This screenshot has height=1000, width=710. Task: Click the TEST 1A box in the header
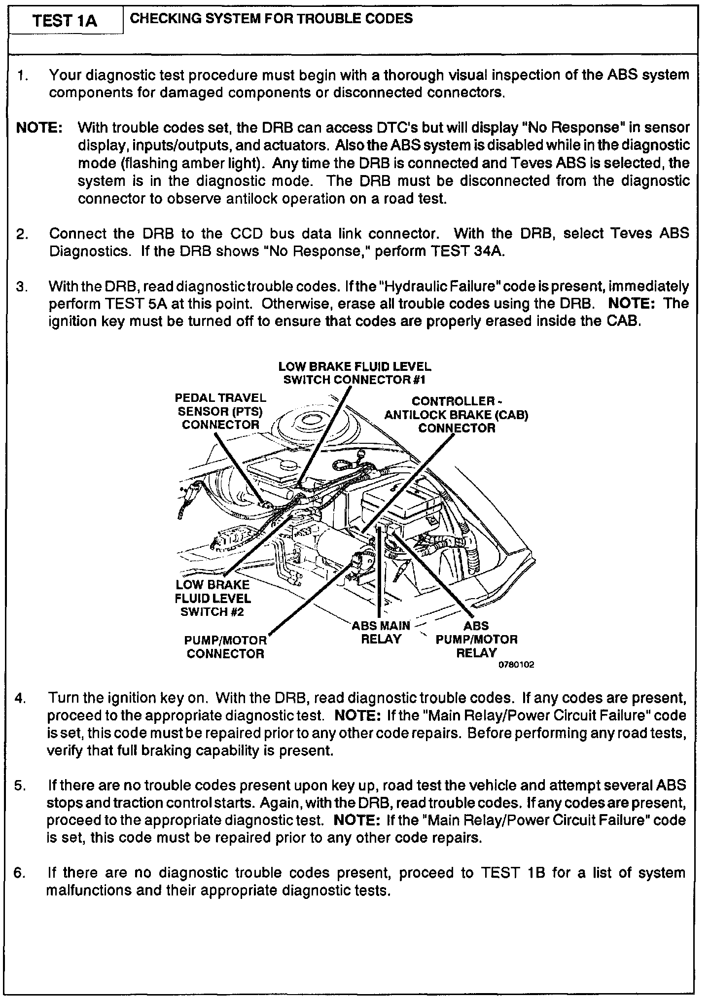(x=66, y=21)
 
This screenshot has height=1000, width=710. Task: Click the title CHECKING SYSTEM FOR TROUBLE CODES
(x=271, y=19)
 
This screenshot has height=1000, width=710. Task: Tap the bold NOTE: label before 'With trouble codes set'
(x=39, y=128)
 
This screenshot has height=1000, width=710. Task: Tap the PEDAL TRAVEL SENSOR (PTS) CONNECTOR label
(x=220, y=411)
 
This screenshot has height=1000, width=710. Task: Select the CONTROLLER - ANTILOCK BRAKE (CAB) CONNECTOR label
(x=456, y=415)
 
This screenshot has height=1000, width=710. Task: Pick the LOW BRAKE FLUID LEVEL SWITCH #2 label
(x=213, y=598)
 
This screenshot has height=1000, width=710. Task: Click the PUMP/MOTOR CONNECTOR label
(x=226, y=647)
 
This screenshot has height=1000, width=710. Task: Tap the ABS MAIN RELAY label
(x=381, y=633)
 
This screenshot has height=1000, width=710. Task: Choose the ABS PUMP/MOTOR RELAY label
(x=476, y=640)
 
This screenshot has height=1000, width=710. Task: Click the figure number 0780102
(x=516, y=665)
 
